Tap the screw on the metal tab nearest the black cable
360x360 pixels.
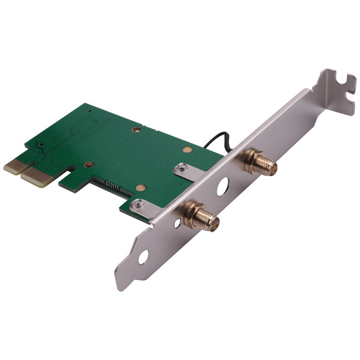click(x=181, y=168)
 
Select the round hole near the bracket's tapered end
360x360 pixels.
click(x=143, y=257)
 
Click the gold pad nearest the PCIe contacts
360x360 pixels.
click(x=89, y=165)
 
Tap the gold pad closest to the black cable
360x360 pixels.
click(x=187, y=149)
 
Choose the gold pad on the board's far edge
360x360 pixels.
click(x=135, y=130)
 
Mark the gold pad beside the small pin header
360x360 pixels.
click(x=141, y=187)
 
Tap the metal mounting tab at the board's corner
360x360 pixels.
click(x=145, y=207)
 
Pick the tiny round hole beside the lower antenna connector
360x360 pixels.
click(x=178, y=222)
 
